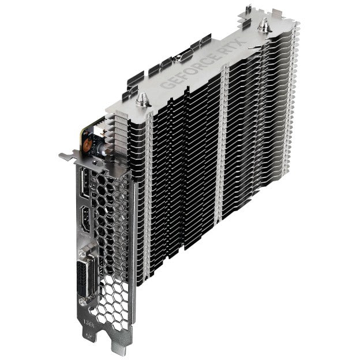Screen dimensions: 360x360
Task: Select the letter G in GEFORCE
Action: [163, 84]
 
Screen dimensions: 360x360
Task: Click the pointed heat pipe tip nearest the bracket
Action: [142, 97]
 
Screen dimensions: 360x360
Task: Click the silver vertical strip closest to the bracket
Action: [147, 190]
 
